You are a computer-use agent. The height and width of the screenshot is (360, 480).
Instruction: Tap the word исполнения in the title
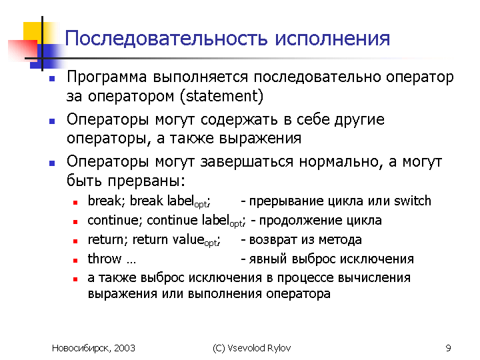pyautogui.click(x=333, y=39)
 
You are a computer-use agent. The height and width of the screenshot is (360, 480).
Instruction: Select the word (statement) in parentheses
pyautogui.click(x=221, y=96)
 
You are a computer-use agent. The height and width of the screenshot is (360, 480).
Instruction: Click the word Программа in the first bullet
pyautogui.click(x=107, y=77)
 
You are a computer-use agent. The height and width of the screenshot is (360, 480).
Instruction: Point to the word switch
pyautogui.click(x=413, y=201)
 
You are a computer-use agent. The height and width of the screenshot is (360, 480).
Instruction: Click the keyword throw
pyautogui.click(x=105, y=259)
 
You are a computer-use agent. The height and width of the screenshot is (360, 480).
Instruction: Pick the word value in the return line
pyautogui.click(x=188, y=239)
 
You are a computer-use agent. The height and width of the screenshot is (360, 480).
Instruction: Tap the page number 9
pyautogui.click(x=448, y=348)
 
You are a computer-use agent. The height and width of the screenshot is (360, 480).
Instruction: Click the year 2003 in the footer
pyautogui.click(x=125, y=348)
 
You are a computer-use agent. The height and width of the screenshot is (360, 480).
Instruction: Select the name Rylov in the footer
pyautogui.click(x=279, y=348)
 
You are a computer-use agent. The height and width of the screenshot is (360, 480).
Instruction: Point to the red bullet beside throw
pyautogui.click(x=75, y=261)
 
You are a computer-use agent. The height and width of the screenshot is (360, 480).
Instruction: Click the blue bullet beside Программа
pyautogui.click(x=52, y=79)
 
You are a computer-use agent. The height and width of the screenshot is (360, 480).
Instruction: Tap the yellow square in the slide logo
pyautogui.click(x=33, y=31)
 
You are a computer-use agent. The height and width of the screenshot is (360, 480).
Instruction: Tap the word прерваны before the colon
pyautogui.click(x=146, y=181)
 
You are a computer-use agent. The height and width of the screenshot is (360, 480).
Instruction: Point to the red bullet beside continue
pyautogui.click(x=75, y=222)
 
